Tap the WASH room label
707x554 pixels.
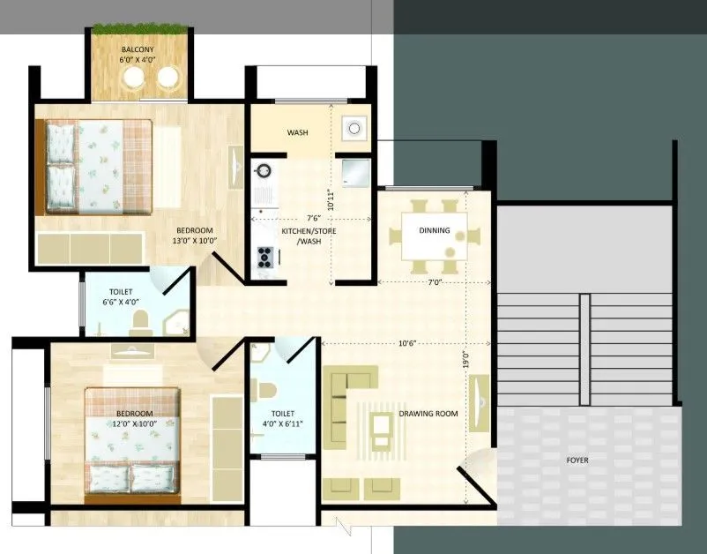click(297, 133)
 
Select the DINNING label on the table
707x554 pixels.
click(435, 231)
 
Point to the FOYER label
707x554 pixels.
click(577, 460)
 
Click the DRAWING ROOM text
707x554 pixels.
click(428, 413)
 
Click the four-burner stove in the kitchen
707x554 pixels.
click(264, 257)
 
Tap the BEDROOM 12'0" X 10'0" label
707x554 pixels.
click(133, 419)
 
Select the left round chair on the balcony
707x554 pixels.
click(134, 80)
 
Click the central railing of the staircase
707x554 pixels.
click(584, 348)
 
